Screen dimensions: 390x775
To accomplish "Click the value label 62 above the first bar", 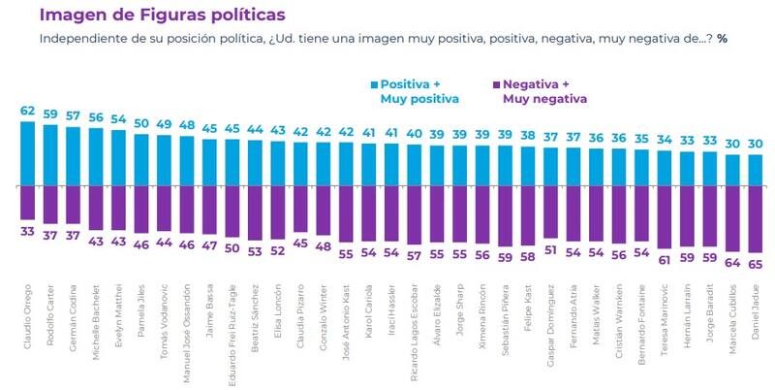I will click(x=27, y=112).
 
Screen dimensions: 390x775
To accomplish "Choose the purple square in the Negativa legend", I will click(x=497, y=84).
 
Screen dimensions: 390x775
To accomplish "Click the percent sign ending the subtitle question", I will click(x=722, y=38).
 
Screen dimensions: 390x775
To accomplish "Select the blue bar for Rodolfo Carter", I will click(x=50, y=154).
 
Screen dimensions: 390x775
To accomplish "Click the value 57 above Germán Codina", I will click(x=74, y=116).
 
